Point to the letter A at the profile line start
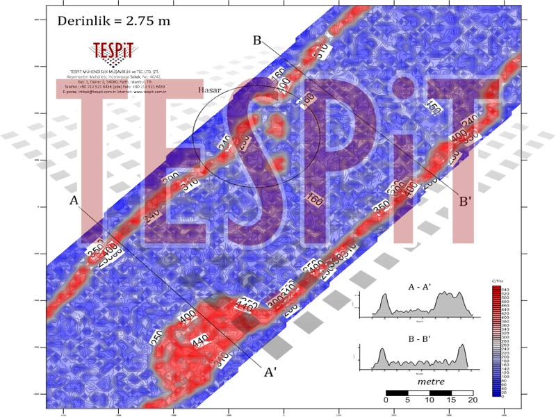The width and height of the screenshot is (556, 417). click(x=74, y=201)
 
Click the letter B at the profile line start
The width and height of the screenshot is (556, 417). click(x=257, y=41)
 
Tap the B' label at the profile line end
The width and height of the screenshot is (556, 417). click(x=466, y=202)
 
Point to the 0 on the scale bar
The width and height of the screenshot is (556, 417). click(x=386, y=400)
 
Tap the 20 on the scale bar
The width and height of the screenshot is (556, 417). click(x=473, y=400)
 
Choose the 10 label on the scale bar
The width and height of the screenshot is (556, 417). click(x=429, y=400)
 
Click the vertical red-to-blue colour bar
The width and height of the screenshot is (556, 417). click(x=496, y=341)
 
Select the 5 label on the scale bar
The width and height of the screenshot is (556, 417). click(x=407, y=400)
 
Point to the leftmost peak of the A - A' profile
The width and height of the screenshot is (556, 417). click(x=381, y=297)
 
